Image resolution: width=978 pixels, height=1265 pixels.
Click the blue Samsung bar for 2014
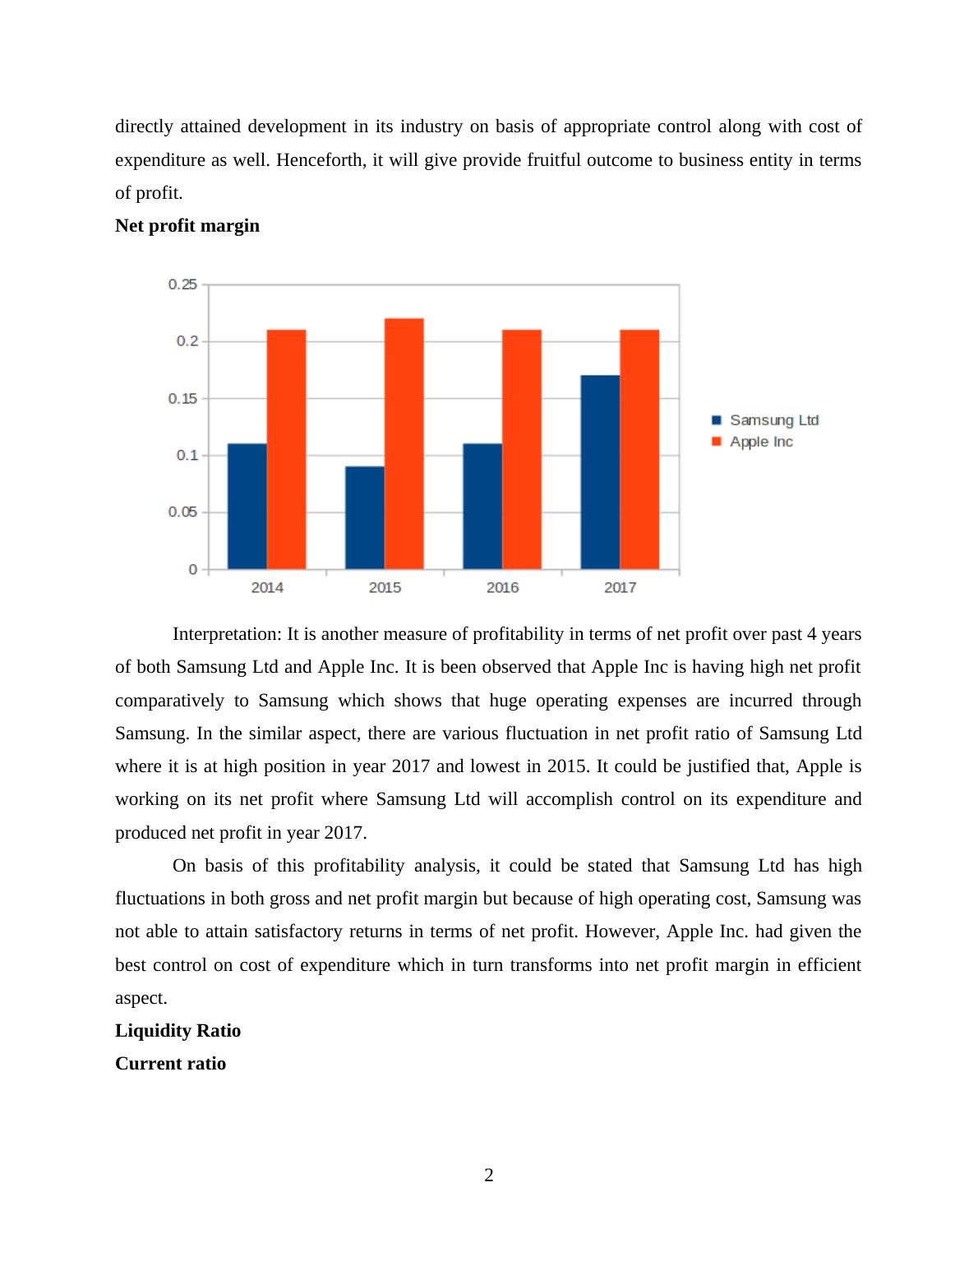pos(247,506)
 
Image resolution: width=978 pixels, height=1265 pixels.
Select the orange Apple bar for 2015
pos(404,444)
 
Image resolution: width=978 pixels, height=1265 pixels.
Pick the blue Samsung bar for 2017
pos(600,472)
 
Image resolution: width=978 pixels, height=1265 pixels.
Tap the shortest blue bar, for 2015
pos(364,517)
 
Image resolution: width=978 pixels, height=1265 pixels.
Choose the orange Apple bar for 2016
pos(521,449)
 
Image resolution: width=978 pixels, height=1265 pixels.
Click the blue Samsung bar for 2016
pos(482,506)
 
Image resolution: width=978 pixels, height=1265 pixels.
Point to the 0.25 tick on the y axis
pos(182,284)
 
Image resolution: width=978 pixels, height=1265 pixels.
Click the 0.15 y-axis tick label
pos(182,398)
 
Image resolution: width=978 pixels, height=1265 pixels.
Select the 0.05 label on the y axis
pos(182,512)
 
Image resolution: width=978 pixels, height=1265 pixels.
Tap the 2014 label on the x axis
pos(267,587)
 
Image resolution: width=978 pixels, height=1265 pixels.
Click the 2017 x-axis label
pos(620,587)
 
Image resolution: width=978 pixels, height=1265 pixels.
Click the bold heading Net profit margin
pos(187,226)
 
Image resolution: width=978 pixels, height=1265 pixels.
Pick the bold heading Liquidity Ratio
pos(178,1031)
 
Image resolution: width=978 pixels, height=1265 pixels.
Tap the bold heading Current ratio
pos(170,1064)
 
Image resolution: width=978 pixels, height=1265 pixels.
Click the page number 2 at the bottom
pos(489,1175)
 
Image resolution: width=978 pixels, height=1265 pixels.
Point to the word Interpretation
pos(227,634)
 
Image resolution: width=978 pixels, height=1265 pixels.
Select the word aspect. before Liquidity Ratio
pos(141,998)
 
